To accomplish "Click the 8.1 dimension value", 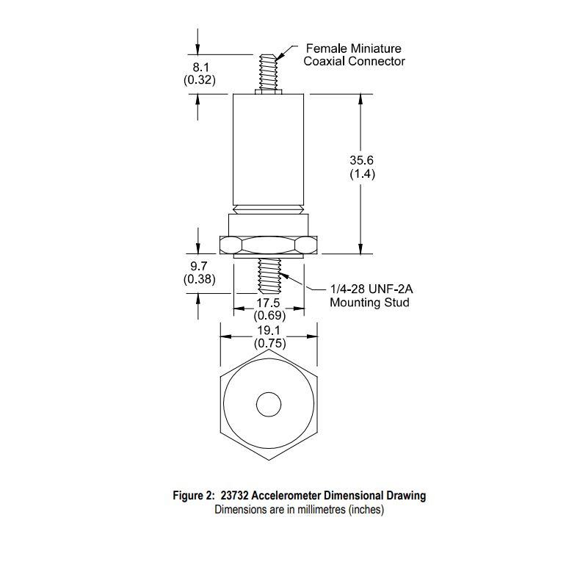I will click(x=199, y=66).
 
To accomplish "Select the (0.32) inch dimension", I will click(x=199, y=79).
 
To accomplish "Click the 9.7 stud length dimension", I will click(x=199, y=266).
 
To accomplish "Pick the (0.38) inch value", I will click(x=199, y=279).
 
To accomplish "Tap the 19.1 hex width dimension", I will click(x=269, y=330).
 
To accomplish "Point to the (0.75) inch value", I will click(x=269, y=343).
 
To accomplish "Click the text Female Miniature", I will click(x=353, y=48).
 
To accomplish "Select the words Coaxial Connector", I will click(x=354, y=61).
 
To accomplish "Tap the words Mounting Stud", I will click(x=369, y=302).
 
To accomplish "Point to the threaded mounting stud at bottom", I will click(x=269, y=275).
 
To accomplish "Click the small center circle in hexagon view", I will click(x=268, y=403).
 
